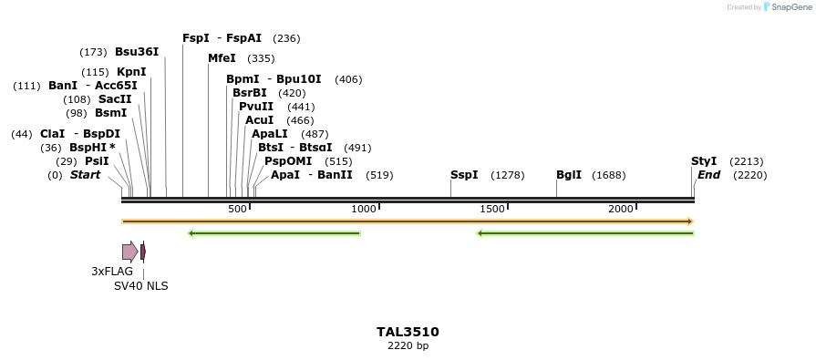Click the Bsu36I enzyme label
[137, 52]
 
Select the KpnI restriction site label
[131, 72]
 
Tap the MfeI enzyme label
[222, 58]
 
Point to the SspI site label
[464, 175]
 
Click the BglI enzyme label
[569, 175]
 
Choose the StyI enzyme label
[704, 161]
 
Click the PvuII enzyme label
[256, 107]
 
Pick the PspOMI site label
[283, 161]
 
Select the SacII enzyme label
[115, 99]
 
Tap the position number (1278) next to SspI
[508, 175]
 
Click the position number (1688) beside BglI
[609, 175]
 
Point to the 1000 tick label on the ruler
[364, 209]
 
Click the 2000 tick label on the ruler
[621, 209]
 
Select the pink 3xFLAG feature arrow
[129, 252]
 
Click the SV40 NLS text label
[140, 286]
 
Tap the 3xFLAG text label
[112, 272]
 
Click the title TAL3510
[408, 332]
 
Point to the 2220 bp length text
[408, 346]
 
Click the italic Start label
[85, 175]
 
